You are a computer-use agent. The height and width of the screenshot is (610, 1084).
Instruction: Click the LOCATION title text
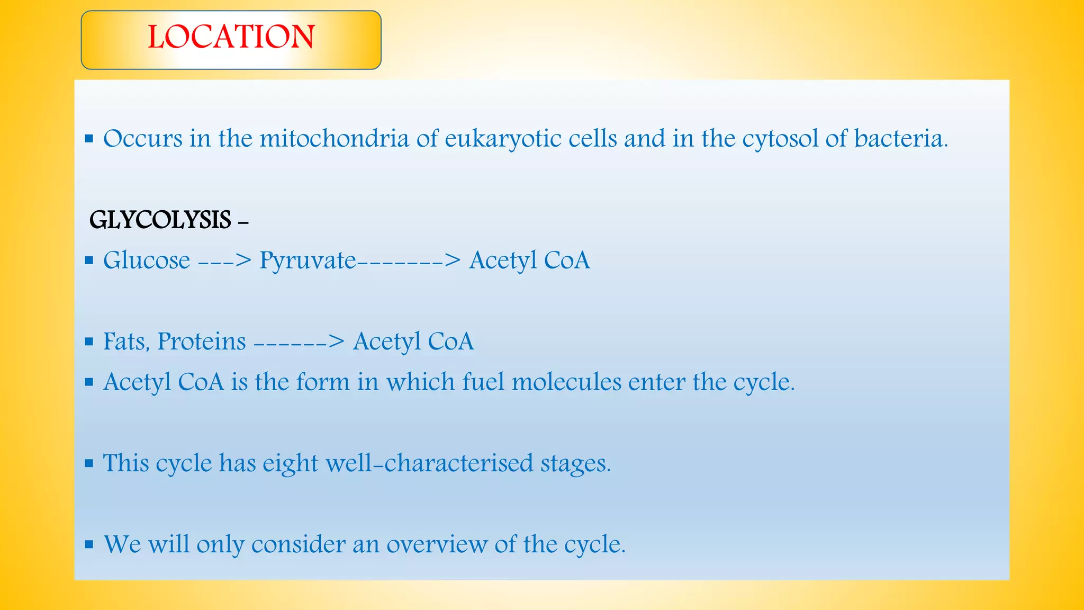pyautogui.click(x=231, y=37)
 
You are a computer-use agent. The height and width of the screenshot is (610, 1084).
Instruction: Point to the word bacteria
pyautogui.click(x=900, y=139)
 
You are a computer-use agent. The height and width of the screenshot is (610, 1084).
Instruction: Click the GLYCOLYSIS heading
pyautogui.click(x=160, y=220)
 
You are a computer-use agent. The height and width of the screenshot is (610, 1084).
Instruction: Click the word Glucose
pyautogui.click(x=147, y=260)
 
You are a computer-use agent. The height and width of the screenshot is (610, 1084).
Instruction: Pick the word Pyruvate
pyautogui.click(x=308, y=261)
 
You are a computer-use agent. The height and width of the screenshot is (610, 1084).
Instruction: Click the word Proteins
pyautogui.click(x=202, y=342)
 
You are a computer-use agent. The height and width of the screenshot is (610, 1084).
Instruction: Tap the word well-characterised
pyautogui.click(x=429, y=463)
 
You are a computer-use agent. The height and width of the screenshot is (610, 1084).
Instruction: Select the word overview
pyautogui.click(x=437, y=544)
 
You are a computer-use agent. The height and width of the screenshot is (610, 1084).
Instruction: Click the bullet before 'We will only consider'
pyautogui.click(x=89, y=544)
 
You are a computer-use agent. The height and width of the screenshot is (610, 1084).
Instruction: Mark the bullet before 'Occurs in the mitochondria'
pyautogui.click(x=89, y=139)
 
